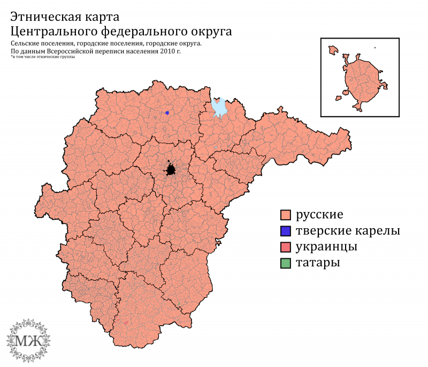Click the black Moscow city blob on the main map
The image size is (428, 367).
point(171,170)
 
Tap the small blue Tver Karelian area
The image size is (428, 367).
point(167,113)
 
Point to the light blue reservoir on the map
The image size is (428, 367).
point(219,108)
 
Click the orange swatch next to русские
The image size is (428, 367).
point(285,215)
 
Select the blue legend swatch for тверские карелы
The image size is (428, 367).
point(285,231)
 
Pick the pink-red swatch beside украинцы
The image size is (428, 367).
point(285,247)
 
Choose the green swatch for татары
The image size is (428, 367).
point(285,263)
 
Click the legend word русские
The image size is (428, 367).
point(319,215)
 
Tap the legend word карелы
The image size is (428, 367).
point(378,231)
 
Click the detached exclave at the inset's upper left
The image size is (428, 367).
point(334,50)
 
